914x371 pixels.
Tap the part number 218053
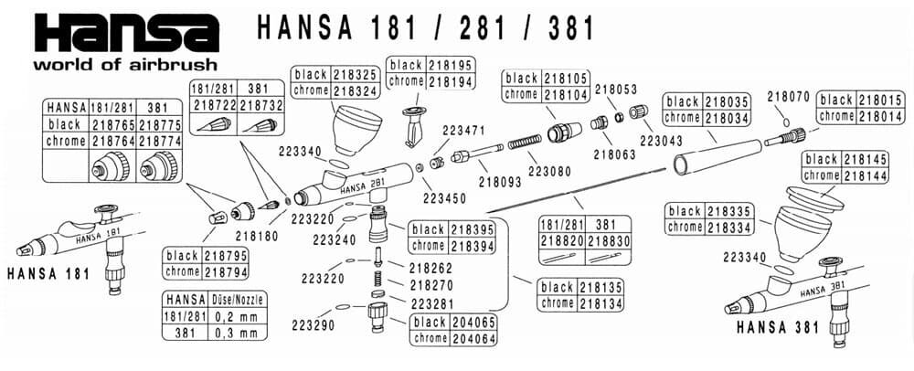616,90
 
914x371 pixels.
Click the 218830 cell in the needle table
608,239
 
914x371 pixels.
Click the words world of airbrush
125,66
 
